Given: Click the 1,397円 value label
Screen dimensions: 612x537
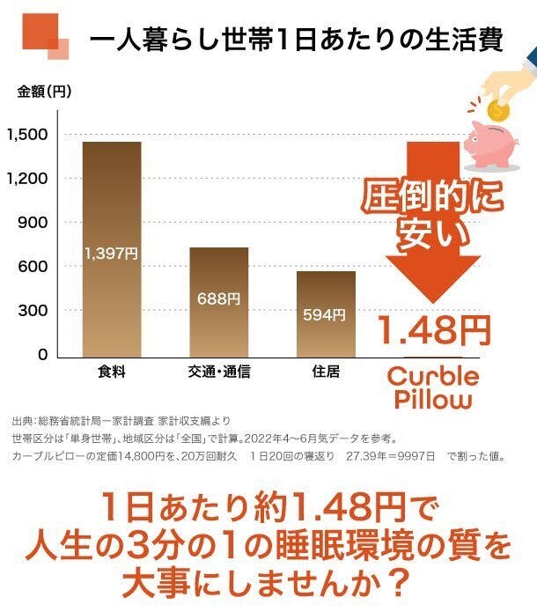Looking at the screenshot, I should [112, 254].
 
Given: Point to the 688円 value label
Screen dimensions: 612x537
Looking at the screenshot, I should [219, 299].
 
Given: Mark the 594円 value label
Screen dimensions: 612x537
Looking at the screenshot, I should [326, 314].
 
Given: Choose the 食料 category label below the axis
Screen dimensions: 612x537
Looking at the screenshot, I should [111, 372].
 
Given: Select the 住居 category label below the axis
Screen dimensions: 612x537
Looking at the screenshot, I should [326, 372].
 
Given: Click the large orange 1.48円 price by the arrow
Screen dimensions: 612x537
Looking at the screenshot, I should [434, 330].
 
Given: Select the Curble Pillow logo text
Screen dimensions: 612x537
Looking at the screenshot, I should [434, 387].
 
